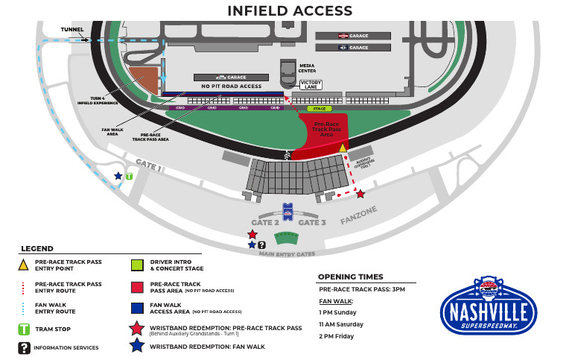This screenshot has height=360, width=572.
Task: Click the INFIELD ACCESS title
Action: [290, 10]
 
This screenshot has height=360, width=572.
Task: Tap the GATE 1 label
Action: [148, 165]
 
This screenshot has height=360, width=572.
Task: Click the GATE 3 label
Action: [312, 222]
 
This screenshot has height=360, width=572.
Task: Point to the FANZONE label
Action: [360, 216]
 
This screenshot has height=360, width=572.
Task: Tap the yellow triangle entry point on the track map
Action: [343, 148]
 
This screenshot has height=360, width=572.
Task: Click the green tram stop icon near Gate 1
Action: [129, 177]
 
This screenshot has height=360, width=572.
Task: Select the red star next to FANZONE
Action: [360, 194]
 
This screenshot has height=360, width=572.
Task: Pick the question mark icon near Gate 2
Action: [262, 244]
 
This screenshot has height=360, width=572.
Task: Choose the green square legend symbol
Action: [136, 265]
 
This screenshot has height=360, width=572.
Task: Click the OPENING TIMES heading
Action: [351, 277]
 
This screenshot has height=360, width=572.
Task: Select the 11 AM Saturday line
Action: [342, 324]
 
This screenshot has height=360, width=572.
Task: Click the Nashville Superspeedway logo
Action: [488, 307]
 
